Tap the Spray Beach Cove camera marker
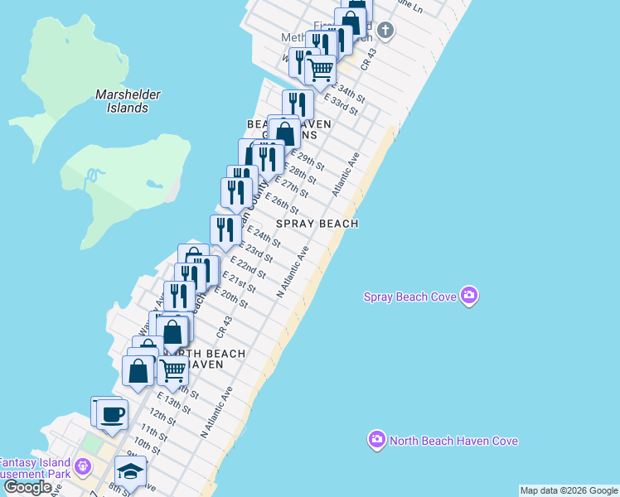(x=469, y=296)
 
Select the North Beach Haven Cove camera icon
(x=377, y=439)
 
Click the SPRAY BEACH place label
(x=317, y=224)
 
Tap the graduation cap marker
(x=131, y=472)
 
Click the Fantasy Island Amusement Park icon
(x=83, y=467)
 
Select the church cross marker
(x=384, y=31)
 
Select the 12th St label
(x=164, y=417)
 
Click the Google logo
(x=27, y=488)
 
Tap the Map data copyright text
(x=569, y=490)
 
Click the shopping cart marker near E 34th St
(x=320, y=70)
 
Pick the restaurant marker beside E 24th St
(x=225, y=229)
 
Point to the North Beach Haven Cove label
(x=454, y=441)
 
